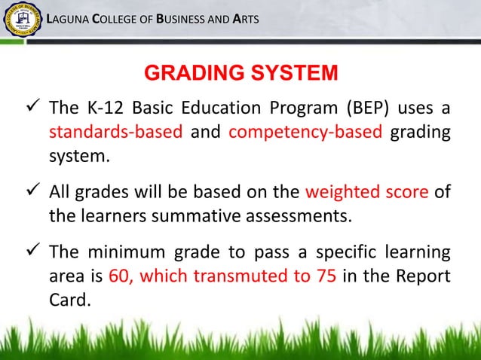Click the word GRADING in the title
coord(191,75)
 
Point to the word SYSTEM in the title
coord(292,75)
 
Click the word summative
coord(204,218)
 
